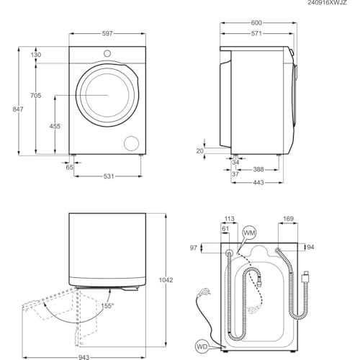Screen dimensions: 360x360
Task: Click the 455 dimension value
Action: [55, 125]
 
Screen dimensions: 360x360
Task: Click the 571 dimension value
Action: [258, 33]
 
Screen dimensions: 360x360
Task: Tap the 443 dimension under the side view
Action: [258, 182]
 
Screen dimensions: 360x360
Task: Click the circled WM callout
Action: [248, 233]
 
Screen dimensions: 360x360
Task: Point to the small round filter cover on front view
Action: [132, 141]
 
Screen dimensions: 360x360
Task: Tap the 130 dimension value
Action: [36, 55]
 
